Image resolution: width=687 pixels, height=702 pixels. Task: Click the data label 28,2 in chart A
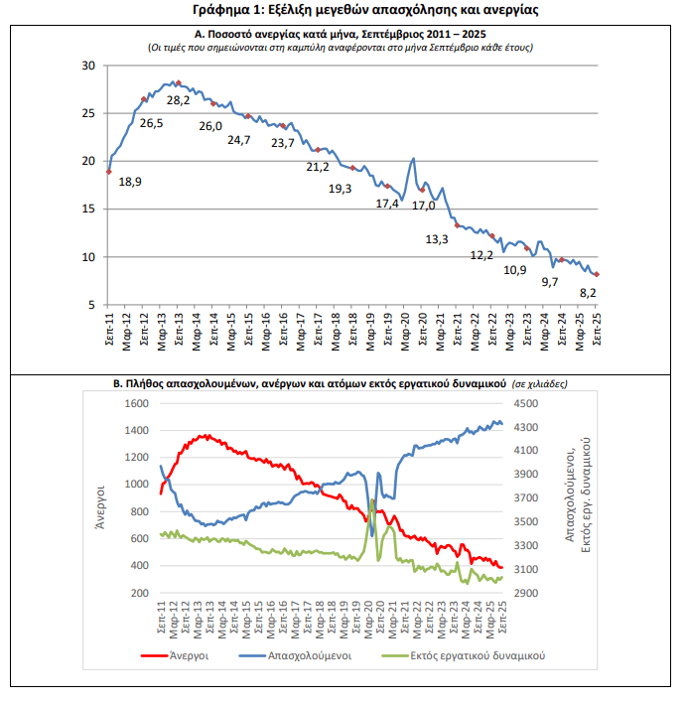178,100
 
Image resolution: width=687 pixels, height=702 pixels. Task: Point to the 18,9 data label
130,182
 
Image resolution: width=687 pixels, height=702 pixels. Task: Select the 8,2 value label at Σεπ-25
588,292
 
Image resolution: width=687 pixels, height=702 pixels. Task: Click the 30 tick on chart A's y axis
87,66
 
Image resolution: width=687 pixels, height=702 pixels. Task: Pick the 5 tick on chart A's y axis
90,305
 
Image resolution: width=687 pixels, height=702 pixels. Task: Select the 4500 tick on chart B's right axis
526,404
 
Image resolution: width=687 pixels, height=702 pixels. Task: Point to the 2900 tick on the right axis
526,593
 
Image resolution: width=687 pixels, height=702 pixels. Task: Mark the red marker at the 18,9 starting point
108,172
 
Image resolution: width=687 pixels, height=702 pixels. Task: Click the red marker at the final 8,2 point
597,275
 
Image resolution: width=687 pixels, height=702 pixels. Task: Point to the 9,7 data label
549,283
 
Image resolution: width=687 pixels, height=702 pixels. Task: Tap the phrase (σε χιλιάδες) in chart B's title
541,382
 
